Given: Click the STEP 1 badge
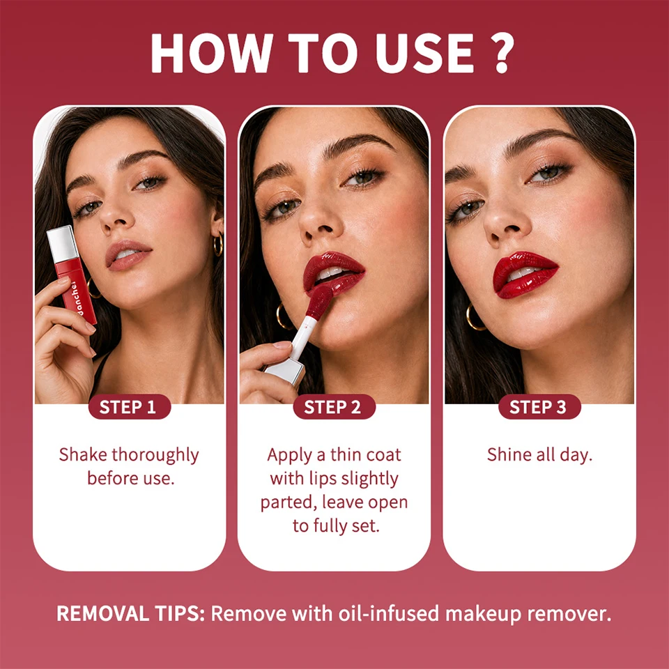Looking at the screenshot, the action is click(130, 406).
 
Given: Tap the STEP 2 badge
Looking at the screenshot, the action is click(334, 406).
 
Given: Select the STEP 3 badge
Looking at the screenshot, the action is click(539, 406).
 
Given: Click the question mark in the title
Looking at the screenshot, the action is click(502, 53).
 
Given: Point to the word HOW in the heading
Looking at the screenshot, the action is click(212, 53).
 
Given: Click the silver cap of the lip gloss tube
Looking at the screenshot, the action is click(62, 243).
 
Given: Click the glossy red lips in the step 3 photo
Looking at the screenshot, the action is click(525, 275).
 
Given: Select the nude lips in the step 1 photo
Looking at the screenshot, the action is click(128, 255).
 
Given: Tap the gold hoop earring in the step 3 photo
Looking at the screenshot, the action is click(475, 317).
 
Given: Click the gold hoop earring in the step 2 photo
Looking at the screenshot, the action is click(284, 316).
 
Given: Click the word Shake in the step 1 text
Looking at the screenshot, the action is click(83, 455).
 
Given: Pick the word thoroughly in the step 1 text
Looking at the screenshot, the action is click(155, 456).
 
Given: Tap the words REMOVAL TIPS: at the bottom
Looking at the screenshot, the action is click(131, 613).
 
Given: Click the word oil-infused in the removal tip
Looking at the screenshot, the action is click(389, 613).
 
